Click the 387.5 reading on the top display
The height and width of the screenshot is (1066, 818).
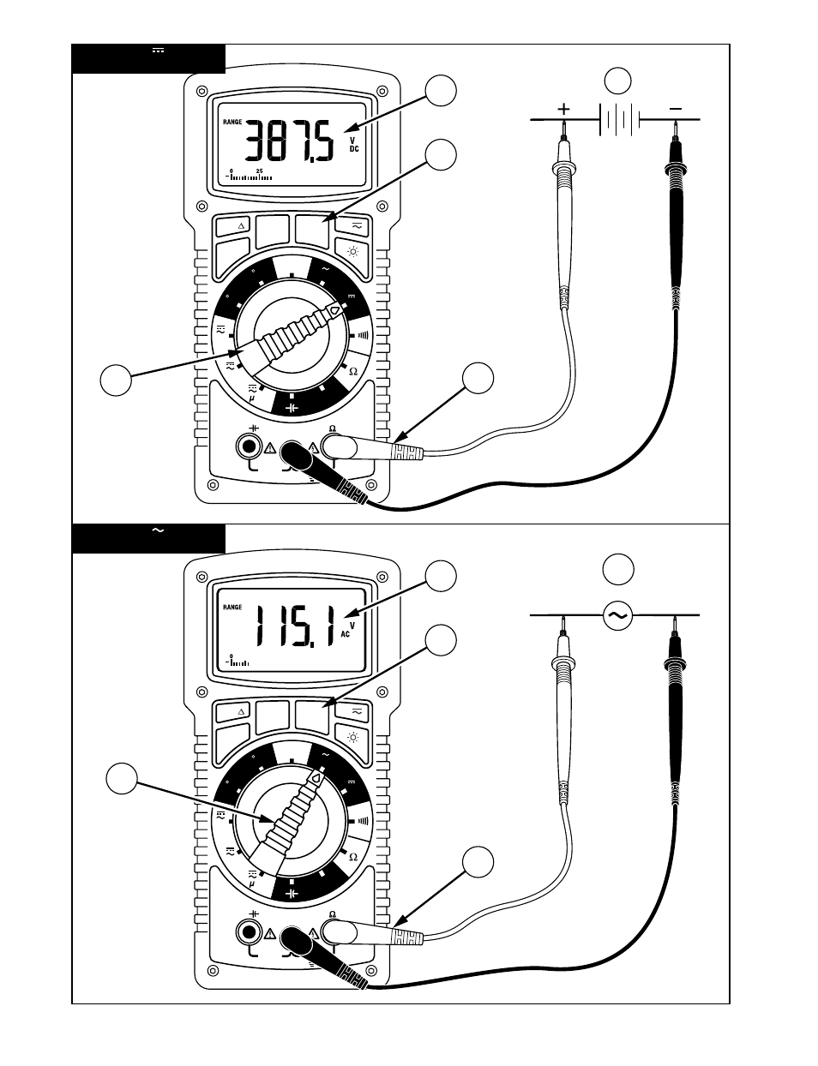point(290,141)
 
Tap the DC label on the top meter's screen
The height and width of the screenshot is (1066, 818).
point(354,148)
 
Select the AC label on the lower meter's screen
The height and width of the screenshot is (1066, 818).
point(346,634)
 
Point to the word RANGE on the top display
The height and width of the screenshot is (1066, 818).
point(232,123)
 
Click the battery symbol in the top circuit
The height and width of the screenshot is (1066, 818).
point(620,119)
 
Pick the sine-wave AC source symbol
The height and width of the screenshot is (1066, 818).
point(618,615)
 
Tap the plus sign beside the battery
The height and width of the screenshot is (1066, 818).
point(564,109)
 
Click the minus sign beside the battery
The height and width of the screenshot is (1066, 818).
point(676,109)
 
